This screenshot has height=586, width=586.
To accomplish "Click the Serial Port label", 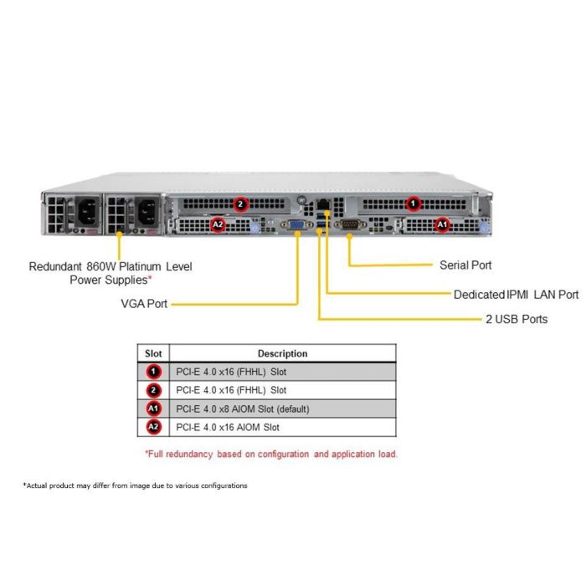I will [x=465, y=265].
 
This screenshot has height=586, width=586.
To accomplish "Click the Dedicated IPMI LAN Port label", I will [x=516, y=295].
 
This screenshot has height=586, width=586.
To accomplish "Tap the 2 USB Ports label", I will [x=517, y=319].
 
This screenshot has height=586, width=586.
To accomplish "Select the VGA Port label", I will [x=144, y=304].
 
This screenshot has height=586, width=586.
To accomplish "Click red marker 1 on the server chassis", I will [x=413, y=203].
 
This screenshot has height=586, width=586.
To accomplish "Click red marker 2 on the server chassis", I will [x=240, y=203].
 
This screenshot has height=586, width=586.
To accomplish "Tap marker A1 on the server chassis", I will [x=443, y=224].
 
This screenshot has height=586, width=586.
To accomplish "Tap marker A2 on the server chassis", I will [x=218, y=224].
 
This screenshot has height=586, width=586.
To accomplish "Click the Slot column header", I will [x=153, y=353].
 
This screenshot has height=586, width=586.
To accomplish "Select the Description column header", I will [x=282, y=353].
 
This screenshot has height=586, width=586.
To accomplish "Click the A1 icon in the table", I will [x=153, y=409].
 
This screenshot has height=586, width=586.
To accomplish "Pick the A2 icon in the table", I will [x=153, y=427].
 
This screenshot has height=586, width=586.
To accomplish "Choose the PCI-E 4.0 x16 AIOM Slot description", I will [x=228, y=427].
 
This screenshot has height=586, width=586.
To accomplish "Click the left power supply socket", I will [x=86, y=213].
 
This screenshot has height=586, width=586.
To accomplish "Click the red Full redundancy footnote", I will [x=272, y=454].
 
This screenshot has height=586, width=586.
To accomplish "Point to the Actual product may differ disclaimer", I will [x=136, y=486].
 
